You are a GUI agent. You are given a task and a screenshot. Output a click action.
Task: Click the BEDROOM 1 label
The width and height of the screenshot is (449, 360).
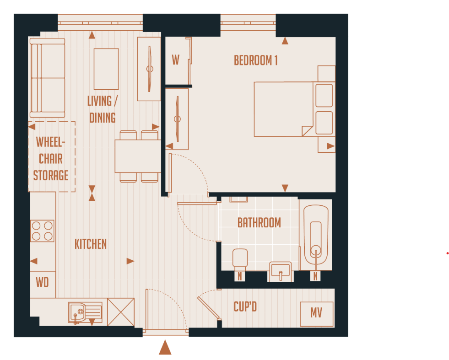tap(255, 60)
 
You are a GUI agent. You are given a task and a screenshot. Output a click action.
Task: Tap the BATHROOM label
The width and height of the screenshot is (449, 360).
tap(259, 223)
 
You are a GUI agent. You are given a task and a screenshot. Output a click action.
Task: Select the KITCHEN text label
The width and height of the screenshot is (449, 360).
tap(91, 244)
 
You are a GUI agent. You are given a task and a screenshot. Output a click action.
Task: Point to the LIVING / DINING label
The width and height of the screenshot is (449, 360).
tap(102, 109)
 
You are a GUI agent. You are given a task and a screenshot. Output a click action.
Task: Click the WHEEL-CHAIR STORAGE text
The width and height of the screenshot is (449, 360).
tap(51, 159)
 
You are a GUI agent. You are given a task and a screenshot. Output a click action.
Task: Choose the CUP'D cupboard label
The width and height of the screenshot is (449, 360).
tap(245, 307)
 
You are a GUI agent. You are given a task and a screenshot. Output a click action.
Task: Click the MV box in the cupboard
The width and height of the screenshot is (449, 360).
tap(316, 313)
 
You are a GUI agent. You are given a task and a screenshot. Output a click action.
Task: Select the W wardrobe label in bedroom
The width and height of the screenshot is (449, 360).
tap(176, 60)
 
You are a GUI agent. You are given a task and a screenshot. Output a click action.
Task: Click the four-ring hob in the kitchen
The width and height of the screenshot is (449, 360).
tap(42, 231)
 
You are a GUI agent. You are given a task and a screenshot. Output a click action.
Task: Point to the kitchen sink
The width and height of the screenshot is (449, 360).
tap(85, 312)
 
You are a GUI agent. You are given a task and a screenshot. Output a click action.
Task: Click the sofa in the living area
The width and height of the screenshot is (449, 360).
tap(47, 78)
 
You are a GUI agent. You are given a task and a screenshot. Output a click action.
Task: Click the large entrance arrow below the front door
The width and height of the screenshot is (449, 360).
tap(165, 348)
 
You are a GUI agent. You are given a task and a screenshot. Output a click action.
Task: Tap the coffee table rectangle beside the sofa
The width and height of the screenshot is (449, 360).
tap(106, 69)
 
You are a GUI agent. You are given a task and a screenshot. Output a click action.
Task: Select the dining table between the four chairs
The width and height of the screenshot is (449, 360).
tap(137, 156)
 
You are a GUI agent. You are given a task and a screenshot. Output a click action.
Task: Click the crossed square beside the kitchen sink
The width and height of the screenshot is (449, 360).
tap(121, 312)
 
